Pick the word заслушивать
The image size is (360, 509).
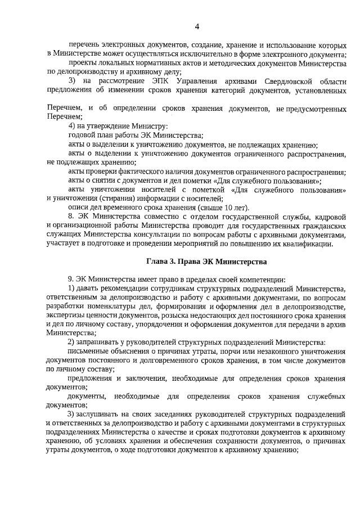98,415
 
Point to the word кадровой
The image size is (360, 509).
330,216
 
